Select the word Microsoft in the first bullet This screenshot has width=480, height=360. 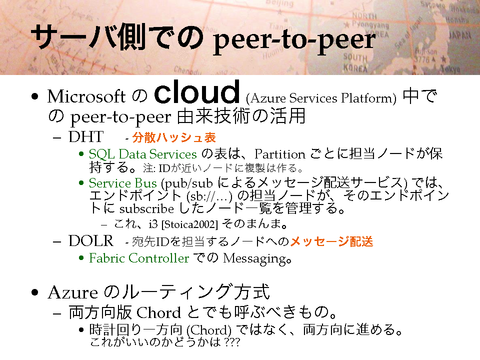tap(86, 96)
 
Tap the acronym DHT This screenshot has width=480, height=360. tap(86, 137)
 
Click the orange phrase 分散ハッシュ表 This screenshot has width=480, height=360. tap(174, 137)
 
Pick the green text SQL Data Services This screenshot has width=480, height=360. tap(142, 154)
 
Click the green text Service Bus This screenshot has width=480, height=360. tap(123, 183)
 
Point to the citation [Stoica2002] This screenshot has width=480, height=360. tap(189, 224)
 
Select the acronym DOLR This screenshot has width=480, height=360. tap(91, 241)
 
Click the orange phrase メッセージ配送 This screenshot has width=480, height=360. tap(331, 241)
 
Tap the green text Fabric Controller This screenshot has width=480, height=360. tap(139, 258)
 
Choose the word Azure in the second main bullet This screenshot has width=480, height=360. tap(73, 292)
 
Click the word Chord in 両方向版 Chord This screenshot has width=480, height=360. tap(158, 312)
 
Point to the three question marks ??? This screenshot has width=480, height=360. tap(231, 341)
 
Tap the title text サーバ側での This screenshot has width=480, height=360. tap(117, 36)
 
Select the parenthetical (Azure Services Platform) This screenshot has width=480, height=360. tap(321, 98)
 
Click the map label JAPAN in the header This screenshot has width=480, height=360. tap(460, 35)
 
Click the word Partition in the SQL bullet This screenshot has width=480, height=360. tap(280, 154)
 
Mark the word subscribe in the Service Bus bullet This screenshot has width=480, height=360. tap(146, 209)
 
